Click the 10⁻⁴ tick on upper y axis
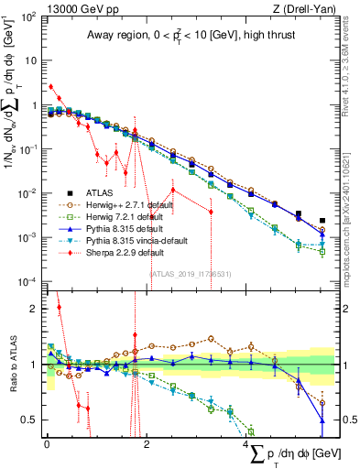pos(30,281)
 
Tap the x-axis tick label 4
pos(247,442)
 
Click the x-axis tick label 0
pos(47,442)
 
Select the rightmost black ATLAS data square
pos(322,221)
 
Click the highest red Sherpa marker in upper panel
pos(50,87)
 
